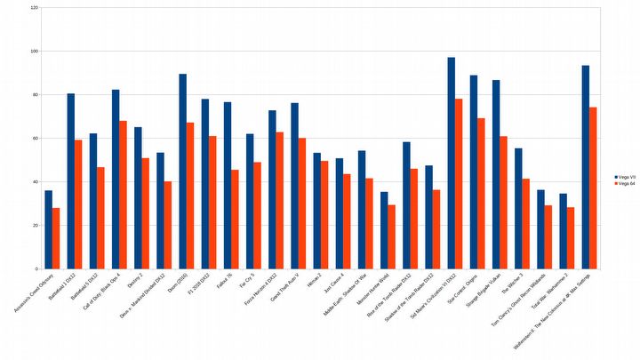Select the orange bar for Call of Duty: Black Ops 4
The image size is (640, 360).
point(123,195)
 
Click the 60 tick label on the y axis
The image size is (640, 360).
point(35,139)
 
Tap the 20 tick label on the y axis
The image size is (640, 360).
point(35,226)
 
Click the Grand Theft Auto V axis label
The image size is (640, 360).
point(284,289)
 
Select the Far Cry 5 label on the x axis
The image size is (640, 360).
point(244,282)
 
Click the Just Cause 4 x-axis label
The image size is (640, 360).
point(332,284)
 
